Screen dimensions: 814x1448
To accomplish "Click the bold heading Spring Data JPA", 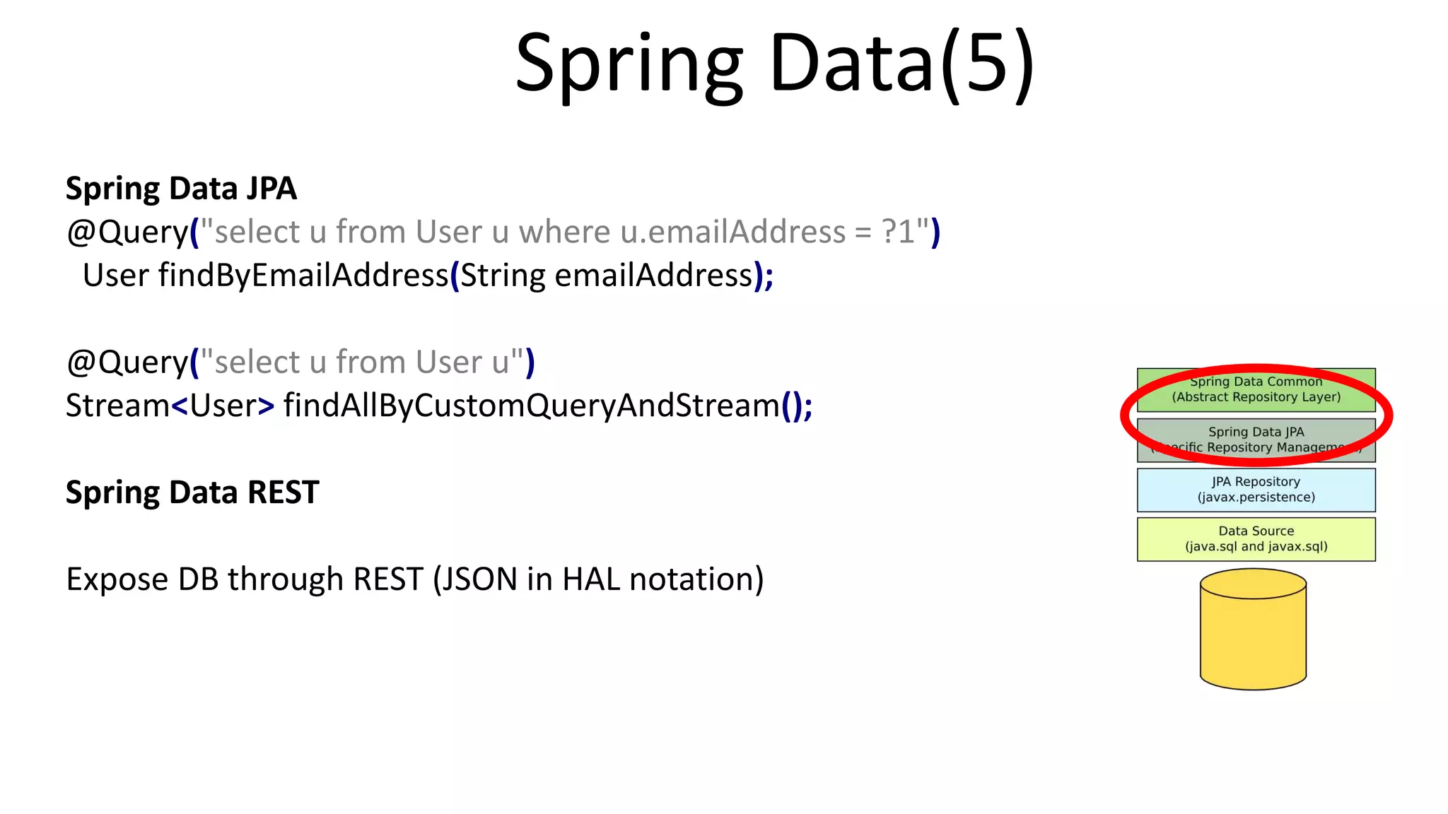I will [x=181, y=189].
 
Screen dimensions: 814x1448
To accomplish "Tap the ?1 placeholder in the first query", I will [x=898, y=232].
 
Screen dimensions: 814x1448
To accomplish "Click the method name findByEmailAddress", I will [x=303, y=276].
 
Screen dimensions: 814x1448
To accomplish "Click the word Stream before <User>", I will [x=117, y=406].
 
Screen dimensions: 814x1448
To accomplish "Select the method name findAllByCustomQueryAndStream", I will [x=531, y=406].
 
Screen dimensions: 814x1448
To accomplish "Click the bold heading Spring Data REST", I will [x=192, y=492].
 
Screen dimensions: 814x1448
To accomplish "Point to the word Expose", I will [x=117, y=579].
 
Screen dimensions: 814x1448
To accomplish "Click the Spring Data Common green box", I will [x=1256, y=390].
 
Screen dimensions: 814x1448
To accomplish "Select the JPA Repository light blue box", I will [x=1256, y=490].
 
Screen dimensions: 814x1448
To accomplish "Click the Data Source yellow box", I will [x=1256, y=539].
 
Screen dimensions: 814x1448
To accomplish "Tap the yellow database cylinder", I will [x=1253, y=632].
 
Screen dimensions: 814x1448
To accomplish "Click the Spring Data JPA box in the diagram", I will [x=1256, y=440].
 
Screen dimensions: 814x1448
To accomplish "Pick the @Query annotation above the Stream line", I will [x=127, y=362].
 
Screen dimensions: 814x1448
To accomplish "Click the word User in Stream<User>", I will [x=223, y=406].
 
